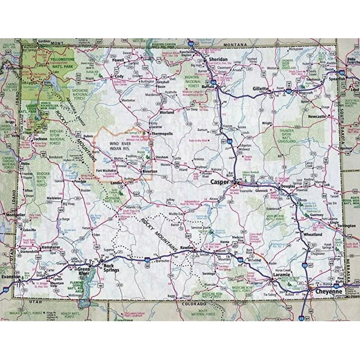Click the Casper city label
click(220, 183)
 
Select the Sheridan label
click(217, 59)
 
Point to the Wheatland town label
click(312, 233)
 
